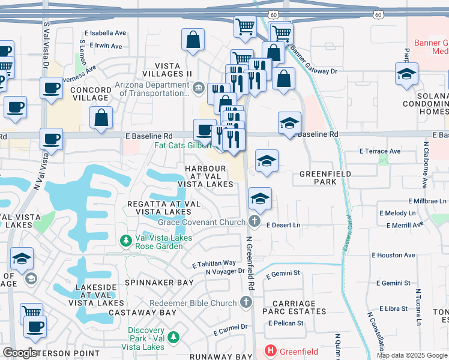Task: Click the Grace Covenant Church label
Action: click(x=201, y=222)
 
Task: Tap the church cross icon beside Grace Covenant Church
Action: click(x=254, y=222)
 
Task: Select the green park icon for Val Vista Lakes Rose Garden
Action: click(x=126, y=241)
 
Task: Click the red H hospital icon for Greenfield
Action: click(x=270, y=350)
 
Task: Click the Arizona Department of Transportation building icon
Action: click(x=198, y=89)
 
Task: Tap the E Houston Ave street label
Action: click(x=393, y=255)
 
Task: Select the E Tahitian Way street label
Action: click(x=214, y=263)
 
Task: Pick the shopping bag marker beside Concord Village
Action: click(x=101, y=118)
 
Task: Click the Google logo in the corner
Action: click(x=20, y=353)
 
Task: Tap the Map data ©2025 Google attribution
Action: click(x=411, y=355)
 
